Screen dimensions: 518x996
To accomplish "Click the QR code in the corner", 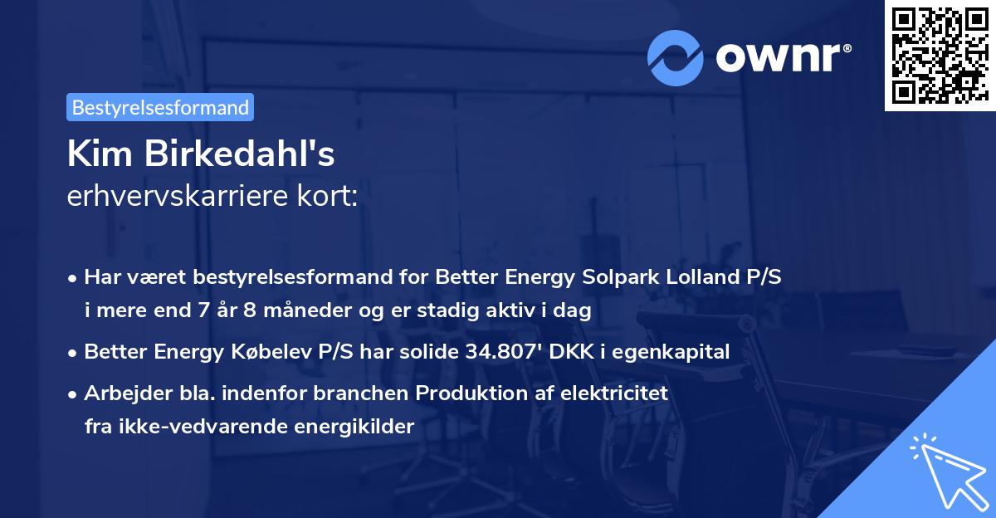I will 939,55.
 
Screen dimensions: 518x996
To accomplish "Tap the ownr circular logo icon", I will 676,58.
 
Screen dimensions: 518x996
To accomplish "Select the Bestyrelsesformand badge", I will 160,107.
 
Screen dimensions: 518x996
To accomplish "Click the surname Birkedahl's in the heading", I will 247,154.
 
